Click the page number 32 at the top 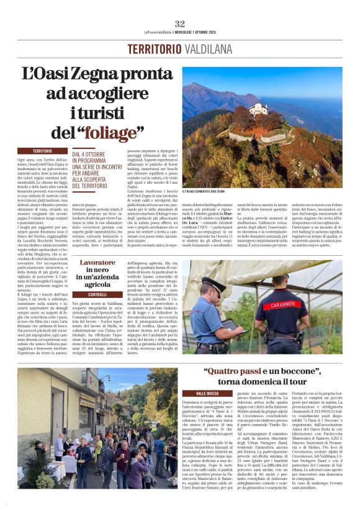(180, 24)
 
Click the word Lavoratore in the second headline (97, 263)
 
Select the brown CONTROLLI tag (97, 294)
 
